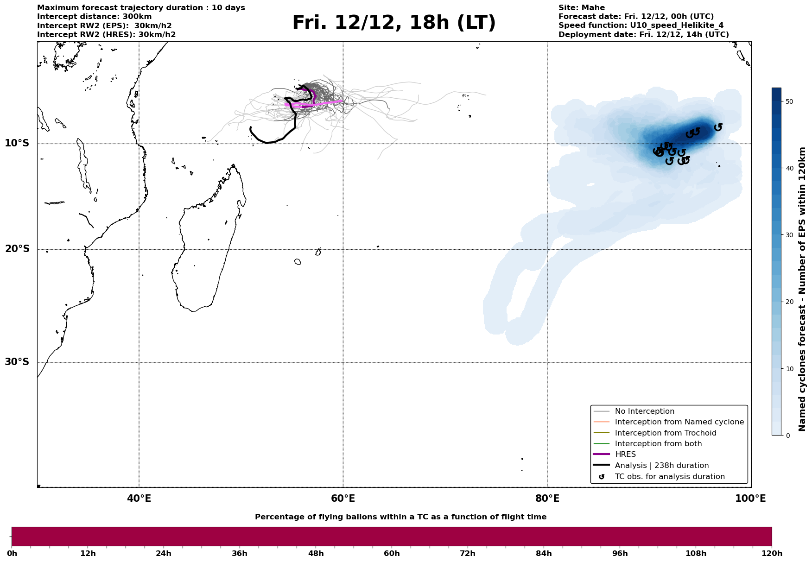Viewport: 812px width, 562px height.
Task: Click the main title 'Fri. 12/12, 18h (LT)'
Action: pyautogui.click(x=393, y=23)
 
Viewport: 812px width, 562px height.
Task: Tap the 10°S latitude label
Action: pyautogui.click(x=17, y=143)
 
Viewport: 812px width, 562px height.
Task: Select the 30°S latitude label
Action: pyautogui.click(x=17, y=362)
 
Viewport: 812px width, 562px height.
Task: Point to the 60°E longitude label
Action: pyautogui.click(x=343, y=499)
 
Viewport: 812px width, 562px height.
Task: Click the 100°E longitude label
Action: pyautogui.click(x=750, y=499)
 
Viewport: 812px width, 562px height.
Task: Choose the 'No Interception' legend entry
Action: pyautogui.click(x=644, y=411)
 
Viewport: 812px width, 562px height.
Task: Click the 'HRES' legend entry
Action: pyautogui.click(x=625, y=455)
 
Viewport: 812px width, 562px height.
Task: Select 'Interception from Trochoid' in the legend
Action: pyautogui.click(x=665, y=433)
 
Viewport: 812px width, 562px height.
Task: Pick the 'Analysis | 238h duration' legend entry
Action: pyautogui.click(x=661, y=466)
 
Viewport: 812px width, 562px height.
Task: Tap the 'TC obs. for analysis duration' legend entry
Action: pyautogui.click(x=669, y=477)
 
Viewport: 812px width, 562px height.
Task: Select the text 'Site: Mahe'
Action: pyautogui.click(x=581, y=8)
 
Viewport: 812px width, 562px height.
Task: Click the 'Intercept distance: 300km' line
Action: pyautogui.click(x=94, y=17)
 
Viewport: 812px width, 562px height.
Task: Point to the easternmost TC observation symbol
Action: pyautogui.click(x=718, y=127)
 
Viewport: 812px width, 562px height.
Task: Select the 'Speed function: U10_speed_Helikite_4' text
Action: pyautogui.click(x=641, y=25)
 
